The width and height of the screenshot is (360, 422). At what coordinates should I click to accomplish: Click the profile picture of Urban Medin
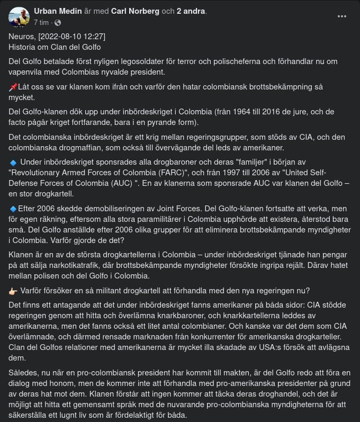(x=19, y=17)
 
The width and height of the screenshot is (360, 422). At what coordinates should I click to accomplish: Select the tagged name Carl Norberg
(x=135, y=11)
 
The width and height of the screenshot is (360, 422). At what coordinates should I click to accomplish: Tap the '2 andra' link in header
(x=191, y=11)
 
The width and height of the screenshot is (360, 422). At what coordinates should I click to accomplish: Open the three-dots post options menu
(x=342, y=16)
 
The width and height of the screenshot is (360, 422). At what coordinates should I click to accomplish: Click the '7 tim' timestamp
(x=41, y=23)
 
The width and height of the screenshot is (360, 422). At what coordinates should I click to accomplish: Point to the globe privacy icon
(x=58, y=23)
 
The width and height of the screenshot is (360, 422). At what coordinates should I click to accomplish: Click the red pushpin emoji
(x=13, y=87)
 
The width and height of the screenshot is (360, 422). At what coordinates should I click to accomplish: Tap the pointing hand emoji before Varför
(x=13, y=291)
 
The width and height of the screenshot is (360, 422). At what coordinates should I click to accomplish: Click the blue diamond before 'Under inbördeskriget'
(x=13, y=163)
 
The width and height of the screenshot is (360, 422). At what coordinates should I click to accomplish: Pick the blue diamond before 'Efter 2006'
(x=13, y=209)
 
